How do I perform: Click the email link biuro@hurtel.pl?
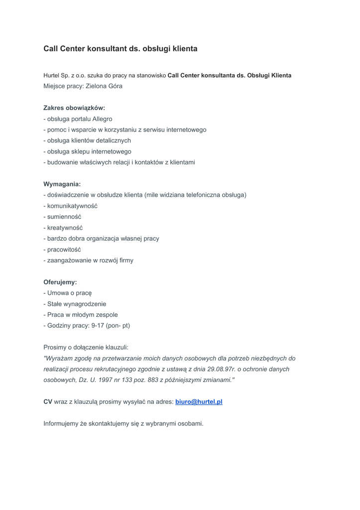pyautogui.click(x=199, y=401)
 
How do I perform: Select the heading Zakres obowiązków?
pyautogui.click(x=74, y=108)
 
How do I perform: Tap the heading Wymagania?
pyautogui.click(x=62, y=184)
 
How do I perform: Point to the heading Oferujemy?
pyautogui.click(x=60, y=282)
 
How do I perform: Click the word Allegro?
pyautogui.click(x=102, y=119)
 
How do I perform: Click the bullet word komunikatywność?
pyautogui.click(x=72, y=206)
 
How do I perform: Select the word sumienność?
pyautogui.click(x=64, y=217)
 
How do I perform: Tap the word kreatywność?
pyautogui.click(x=65, y=228)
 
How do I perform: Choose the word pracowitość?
pyautogui.click(x=64, y=250)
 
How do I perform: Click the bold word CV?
pyautogui.click(x=48, y=401)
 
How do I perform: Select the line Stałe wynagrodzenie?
pyautogui.click(x=77, y=304)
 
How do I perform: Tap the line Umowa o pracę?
pyautogui.click(x=70, y=293)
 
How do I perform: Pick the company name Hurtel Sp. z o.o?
pyautogui.click(x=64, y=76)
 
